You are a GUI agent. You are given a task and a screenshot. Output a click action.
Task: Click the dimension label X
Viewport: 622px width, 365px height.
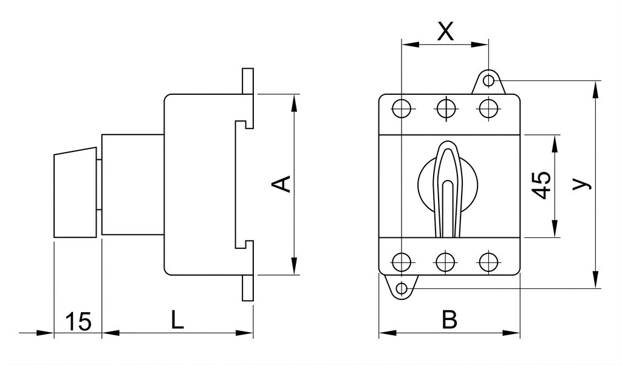[x=445, y=31]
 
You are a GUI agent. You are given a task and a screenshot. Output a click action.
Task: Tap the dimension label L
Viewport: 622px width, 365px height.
[x=177, y=320]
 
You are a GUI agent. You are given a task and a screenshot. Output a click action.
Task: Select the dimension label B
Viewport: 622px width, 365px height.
[x=449, y=320]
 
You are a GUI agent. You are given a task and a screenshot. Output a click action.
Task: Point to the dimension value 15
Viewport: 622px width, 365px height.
[x=78, y=321]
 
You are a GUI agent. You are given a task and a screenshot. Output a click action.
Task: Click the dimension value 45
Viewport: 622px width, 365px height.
[x=541, y=185]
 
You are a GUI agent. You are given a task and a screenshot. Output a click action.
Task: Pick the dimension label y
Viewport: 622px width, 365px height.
[x=582, y=184]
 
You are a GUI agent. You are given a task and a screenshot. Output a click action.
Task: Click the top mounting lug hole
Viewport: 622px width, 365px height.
[x=489, y=80]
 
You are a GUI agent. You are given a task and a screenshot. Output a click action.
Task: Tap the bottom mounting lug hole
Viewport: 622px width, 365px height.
[x=402, y=288]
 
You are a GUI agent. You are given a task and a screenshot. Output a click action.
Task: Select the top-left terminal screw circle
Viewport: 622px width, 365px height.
[x=402, y=108]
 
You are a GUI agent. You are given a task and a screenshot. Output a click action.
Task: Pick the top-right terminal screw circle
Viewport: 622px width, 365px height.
[x=489, y=108]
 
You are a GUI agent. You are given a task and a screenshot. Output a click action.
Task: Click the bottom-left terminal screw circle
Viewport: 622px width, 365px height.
[x=402, y=262]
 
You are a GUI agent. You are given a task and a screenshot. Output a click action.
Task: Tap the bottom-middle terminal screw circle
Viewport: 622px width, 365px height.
[x=445, y=262]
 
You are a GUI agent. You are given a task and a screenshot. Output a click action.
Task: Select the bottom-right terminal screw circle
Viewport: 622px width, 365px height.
[x=489, y=262]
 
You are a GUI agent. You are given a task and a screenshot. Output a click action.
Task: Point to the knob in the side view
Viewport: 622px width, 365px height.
[x=75, y=193]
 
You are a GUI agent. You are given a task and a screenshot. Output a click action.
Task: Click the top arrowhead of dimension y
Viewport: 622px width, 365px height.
[x=595, y=90]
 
